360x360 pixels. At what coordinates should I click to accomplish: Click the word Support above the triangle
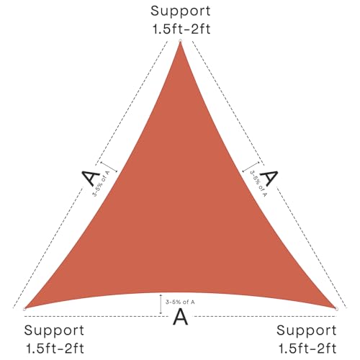click(181, 12)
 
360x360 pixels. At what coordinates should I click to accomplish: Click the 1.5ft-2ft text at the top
click(181, 30)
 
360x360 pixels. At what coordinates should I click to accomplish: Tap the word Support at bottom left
click(54, 331)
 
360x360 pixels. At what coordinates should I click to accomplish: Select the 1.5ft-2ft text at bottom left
click(55, 348)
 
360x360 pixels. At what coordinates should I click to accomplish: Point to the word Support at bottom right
click(307, 331)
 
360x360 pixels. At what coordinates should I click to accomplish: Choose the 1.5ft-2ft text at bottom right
click(307, 348)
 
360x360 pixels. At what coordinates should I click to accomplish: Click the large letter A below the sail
click(180, 317)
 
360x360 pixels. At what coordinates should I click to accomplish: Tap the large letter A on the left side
click(91, 178)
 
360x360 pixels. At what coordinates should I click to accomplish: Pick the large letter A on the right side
click(269, 178)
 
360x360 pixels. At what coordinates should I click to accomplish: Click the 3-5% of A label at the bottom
click(180, 302)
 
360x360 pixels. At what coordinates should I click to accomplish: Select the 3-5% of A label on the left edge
click(101, 183)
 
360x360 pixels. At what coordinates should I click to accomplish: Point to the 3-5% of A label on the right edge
click(258, 184)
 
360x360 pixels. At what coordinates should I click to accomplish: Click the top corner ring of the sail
click(180, 41)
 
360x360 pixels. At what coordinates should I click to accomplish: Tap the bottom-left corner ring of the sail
click(24, 309)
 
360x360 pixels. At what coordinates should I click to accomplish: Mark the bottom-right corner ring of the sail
click(336, 309)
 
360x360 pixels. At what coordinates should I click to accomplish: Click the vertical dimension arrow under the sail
click(161, 304)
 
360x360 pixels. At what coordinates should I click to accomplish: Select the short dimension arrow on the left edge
click(109, 167)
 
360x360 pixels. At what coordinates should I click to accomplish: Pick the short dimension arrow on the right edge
click(251, 167)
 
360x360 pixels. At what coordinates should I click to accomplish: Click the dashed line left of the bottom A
click(96, 317)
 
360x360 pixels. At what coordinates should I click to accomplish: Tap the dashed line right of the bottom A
click(264, 317)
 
